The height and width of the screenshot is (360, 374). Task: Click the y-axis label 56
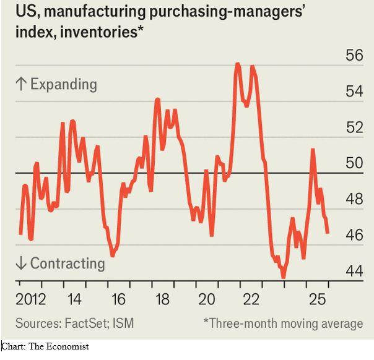[x=354, y=55]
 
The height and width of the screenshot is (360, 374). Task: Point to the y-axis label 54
[x=354, y=92]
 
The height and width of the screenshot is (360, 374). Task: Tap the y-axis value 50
[x=354, y=163]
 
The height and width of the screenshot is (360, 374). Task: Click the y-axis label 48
[x=354, y=199]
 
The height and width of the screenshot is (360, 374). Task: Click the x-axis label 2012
[x=31, y=300]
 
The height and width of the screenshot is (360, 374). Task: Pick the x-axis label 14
[x=74, y=300]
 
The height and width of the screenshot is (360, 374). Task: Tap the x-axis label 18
[x=162, y=300]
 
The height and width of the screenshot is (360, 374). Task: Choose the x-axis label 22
[x=251, y=300]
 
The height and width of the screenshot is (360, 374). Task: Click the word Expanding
[x=63, y=84]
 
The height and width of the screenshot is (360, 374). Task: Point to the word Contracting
[x=67, y=263]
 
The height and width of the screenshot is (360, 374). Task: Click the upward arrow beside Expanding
[x=20, y=84]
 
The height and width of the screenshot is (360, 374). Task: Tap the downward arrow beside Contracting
[x=20, y=264]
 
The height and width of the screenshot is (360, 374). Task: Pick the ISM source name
[x=123, y=323]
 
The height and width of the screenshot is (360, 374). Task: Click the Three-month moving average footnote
[x=284, y=323]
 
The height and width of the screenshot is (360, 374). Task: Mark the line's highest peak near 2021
[x=237, y=64]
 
